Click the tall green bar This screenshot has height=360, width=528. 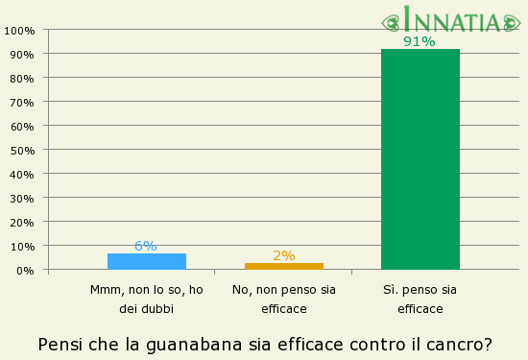pos(420,159)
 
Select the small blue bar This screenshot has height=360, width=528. pos(147,261)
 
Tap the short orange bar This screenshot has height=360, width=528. pos(283,266)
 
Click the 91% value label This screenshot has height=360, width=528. pos(420,41)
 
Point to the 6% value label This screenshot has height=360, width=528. pos(146,246)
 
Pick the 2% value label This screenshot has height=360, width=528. pos(283,255)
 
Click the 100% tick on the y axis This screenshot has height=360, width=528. pos(19,30)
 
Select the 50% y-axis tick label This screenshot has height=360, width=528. pos(22,150)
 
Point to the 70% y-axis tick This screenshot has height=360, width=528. pos(22,102)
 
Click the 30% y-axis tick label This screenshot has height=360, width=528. pos(22,198)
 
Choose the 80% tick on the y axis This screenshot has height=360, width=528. pos(22,78)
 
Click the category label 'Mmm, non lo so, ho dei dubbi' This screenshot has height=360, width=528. pos(146,299)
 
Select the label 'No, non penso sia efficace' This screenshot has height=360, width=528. pos(283,299)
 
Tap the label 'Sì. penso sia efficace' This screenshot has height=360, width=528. pos(420,299)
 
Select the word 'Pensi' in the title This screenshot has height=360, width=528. pos(60,344)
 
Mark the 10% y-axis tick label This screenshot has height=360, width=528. pos(22,246)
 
